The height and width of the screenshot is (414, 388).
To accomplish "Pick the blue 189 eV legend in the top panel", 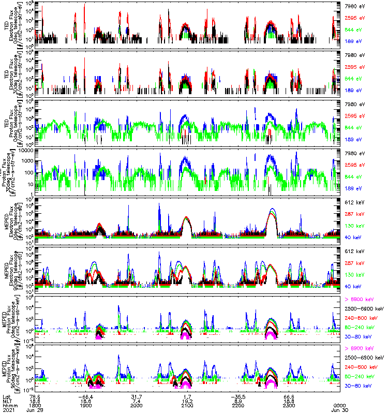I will [352, 40].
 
